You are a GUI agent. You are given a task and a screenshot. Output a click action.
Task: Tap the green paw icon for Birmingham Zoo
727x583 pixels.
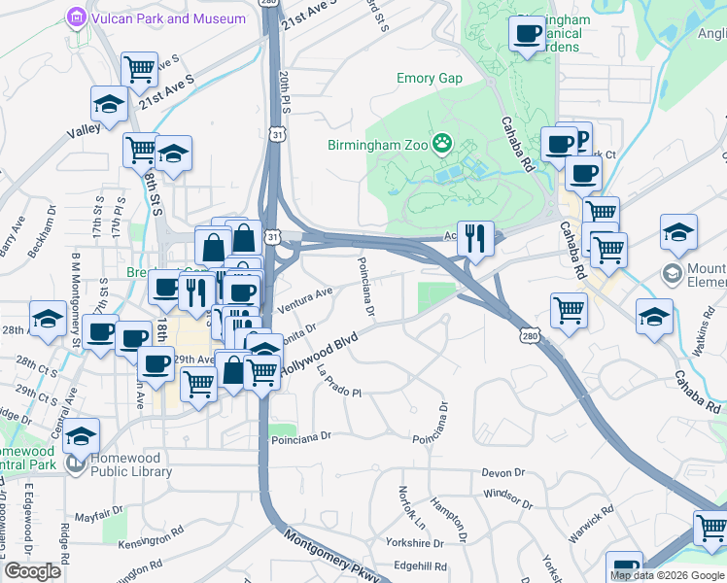pos(443,144)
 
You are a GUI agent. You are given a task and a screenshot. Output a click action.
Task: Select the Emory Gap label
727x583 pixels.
pos(429,79)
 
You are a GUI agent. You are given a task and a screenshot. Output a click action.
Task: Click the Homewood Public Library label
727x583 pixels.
pos(131,472)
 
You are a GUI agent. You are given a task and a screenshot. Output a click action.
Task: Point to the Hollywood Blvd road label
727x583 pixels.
pos(318,355)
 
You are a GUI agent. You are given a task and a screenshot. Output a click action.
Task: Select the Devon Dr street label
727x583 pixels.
pos(502,473)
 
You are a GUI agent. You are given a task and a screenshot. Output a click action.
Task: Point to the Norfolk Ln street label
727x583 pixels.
pos(412,508)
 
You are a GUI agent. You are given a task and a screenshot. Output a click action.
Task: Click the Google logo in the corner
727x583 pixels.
pos(32,571)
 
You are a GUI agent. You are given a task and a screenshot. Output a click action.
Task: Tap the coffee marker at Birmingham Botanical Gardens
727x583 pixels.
pos(528,35)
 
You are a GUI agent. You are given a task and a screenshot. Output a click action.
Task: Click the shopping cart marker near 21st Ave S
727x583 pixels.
pos(140,70)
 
